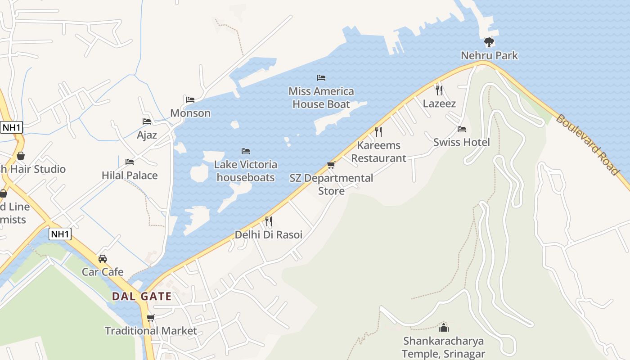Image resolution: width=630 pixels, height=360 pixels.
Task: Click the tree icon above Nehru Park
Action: (489, 42)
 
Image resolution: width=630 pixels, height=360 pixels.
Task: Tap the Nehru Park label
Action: (489, 56)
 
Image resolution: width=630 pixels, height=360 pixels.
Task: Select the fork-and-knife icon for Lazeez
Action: (439, 90)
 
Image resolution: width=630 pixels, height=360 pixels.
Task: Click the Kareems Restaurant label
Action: (378, 152)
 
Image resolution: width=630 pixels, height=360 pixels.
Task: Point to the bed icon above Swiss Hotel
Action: (461, 129)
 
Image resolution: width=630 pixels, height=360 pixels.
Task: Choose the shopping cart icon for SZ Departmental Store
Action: (331, 165)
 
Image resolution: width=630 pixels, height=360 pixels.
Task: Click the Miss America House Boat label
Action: (321, 98)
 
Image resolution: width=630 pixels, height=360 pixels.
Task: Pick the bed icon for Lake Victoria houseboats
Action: (245, 151)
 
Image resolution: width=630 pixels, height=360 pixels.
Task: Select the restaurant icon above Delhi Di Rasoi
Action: (269, 221)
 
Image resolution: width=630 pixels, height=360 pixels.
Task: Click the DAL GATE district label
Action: (141, 297)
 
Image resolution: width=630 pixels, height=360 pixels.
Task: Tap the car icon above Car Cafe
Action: (103, 259)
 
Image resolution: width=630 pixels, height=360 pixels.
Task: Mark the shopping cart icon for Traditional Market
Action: (151, 318)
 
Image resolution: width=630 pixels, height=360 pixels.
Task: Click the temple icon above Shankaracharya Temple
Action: (444, 328)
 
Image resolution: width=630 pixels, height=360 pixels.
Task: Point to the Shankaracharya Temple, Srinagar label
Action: (443, 347)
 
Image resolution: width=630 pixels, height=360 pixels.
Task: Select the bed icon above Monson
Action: (190, 100)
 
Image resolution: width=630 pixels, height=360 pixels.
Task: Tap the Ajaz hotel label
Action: (147, 135)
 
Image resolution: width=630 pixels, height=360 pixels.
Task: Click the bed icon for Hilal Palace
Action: (130, 162)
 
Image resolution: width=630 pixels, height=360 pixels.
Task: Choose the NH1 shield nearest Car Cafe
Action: (60, 234)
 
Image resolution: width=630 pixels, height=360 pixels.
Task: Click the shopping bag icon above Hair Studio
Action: (20, 156)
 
